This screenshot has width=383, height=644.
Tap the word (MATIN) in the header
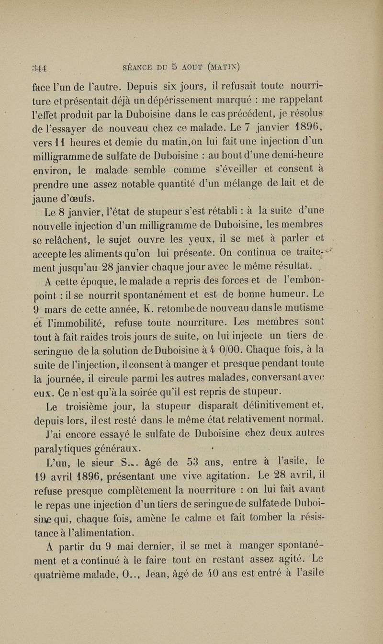(227, 67)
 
